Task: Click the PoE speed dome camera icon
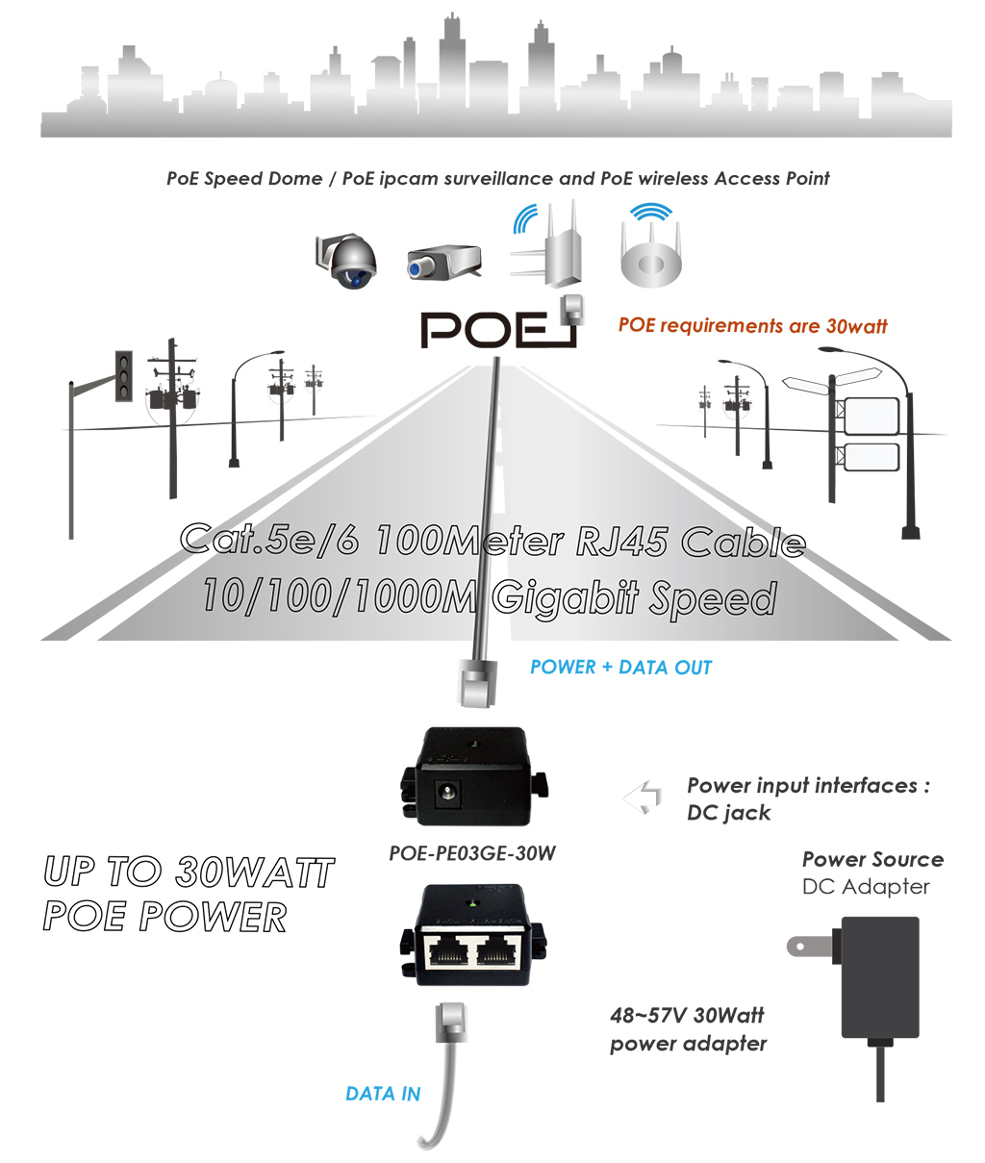click(346, 261)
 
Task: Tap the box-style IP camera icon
click(443, 262)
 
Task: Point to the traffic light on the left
click(124, 376)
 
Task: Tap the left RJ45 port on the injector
click(447, 953)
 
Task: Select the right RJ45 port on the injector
click(495, 953)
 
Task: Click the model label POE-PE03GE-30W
click(472, 853)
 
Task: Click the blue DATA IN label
click(383, 1093)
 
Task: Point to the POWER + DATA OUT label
click(620, 667)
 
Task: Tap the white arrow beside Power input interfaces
click(643, 796)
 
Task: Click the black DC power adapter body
click(880, 977)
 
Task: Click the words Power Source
click(872, 860)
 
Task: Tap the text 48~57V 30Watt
click(687, 1016)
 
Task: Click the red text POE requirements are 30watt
click(752, 326)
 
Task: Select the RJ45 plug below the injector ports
click(451, 1022)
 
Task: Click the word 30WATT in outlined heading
click(255, 872)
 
